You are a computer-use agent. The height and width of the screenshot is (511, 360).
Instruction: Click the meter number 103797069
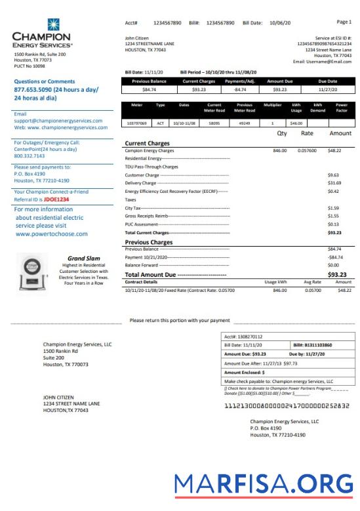coord(137,123)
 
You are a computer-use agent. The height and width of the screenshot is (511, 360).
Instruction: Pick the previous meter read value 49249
coord(243,123)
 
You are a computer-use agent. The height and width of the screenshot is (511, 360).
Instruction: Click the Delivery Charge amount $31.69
coord(334,183)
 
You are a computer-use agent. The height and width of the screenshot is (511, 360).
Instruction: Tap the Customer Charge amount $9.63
coord(334,175)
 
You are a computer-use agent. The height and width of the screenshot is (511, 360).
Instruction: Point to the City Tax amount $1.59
coord(334,207)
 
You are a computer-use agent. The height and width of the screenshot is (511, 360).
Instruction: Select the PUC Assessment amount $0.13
coord(334,224)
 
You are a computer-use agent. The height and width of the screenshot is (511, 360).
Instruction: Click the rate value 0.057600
coord(307,150)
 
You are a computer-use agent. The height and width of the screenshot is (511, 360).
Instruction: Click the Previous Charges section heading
coord(149,241)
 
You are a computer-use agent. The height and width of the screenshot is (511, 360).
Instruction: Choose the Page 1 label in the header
coord(344,22)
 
